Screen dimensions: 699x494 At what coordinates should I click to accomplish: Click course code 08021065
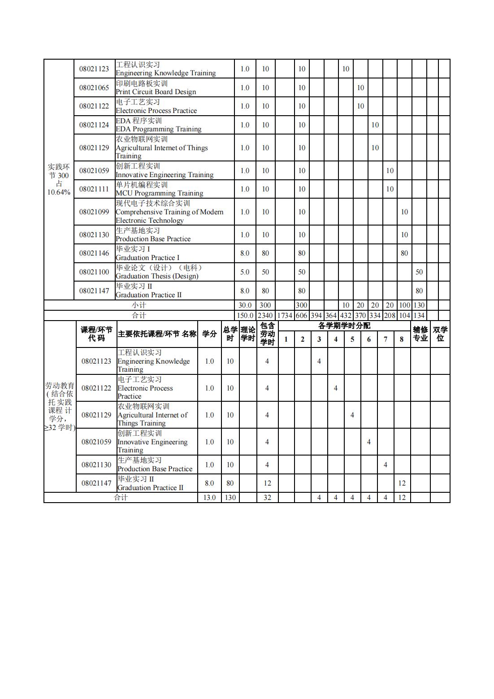(x=94, y=87)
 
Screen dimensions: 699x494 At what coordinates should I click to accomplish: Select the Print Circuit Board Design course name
(x=156, y=87)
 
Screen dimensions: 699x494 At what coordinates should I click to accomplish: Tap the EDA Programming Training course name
(x=158, y=125)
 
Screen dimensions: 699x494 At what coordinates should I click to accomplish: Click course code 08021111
(x=94, y=189)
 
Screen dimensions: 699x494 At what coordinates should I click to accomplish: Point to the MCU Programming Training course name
(x=159, y=189)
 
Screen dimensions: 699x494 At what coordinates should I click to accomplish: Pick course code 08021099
(x=94, y=212)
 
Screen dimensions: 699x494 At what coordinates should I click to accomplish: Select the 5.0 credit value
(x=245, y=272)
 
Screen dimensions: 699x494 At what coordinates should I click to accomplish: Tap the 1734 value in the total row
(x=285, y=315)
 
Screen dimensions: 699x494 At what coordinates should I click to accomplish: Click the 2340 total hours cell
(x=265, y=315)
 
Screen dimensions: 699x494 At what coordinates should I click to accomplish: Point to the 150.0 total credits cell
(x=245, y=315)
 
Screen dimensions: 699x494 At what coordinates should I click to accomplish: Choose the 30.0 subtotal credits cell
(x=245, y=305)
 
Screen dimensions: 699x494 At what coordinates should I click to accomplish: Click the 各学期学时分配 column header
(x=344, y=326)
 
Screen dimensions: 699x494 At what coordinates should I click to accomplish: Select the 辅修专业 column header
(x=420, y=334)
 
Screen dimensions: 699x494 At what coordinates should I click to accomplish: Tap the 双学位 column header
(x=440, y=334)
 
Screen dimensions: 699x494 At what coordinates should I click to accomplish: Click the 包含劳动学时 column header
(x=267, y=334)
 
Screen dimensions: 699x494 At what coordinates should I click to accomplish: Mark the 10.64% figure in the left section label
(x=59, y=192)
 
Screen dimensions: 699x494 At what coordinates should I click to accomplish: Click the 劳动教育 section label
(x=60, y=386)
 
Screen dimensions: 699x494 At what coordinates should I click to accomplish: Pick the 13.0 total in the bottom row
(x=209, y=497)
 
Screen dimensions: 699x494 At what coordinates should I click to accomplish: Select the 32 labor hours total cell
(x=267, y=497)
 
